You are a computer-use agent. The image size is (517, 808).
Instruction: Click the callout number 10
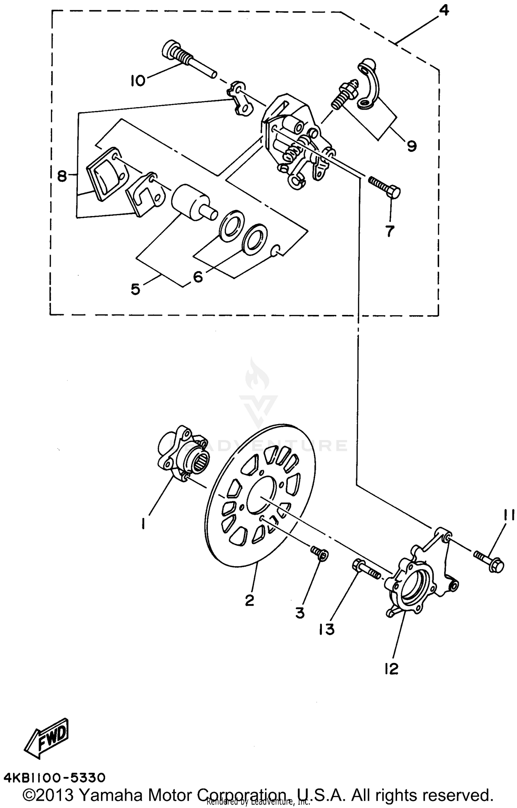coord(138,81)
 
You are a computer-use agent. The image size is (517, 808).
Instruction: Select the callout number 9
coord(412,146)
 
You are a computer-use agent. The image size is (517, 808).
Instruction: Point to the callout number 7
coord(389,231)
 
